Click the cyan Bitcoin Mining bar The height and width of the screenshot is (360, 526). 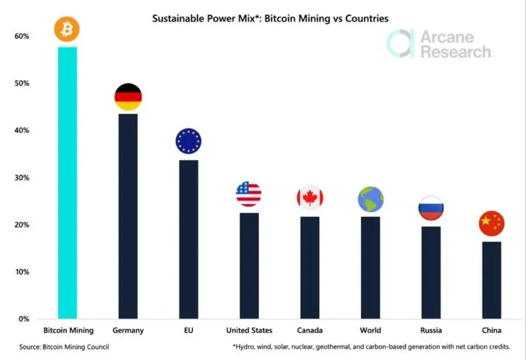(x=68, y=182)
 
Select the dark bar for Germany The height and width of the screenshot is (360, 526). (x=128, y=215)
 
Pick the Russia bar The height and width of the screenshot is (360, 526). (x=431, y=272)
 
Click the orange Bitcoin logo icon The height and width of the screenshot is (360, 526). (x=67, y=29)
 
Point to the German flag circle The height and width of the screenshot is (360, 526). (x=128, y=97)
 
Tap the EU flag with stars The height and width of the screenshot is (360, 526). (x=188, y=141)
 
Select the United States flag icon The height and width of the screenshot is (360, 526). (x=248, y=194)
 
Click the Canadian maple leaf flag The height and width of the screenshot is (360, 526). (x=309, y=197)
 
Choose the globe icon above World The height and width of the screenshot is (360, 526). (x=370, y=198)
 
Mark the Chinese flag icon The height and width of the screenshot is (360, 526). (x=492, y=223)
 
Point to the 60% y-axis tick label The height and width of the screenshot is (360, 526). (x=21, y=36)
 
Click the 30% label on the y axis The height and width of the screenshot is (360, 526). (x=21, y=178)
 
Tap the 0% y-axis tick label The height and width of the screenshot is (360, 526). (x=23, y=319)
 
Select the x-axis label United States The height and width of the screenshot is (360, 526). (x=248, y=330)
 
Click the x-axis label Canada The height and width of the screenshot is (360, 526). (x=309, y=330)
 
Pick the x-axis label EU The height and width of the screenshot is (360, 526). (x=188, y=330)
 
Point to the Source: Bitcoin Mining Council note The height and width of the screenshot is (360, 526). (x=64, y=347)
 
